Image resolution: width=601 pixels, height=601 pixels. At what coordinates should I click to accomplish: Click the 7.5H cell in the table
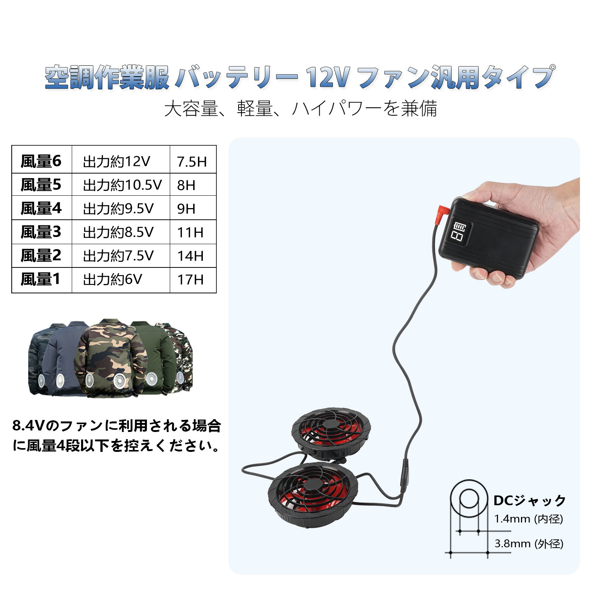pos(192,162)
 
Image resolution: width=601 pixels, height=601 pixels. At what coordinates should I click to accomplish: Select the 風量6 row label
pos(41,161)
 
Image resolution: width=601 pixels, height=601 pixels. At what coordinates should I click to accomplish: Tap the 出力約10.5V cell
pos(122,185)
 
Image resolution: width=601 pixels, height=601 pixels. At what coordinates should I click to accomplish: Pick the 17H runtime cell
pos(190,280)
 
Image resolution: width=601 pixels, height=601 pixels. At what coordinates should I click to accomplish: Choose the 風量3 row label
pos(41,232)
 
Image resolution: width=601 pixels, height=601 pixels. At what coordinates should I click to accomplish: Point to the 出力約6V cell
pos(112,279)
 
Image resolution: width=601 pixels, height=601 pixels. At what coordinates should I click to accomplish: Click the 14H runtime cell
pos(190,256)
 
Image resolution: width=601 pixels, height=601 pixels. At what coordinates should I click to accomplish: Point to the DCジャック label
pos(529,501)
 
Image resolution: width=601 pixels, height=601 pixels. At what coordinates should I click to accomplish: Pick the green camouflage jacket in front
pos(111,361)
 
